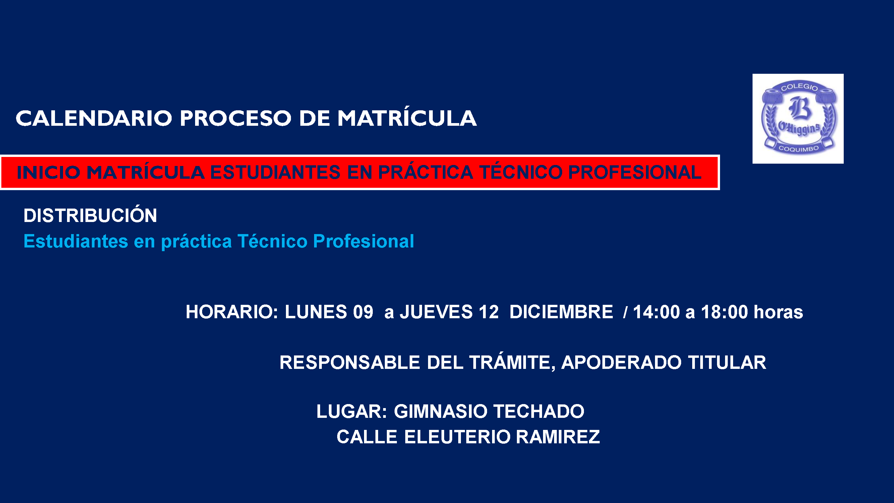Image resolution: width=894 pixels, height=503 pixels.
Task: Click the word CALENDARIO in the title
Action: pyautogui.click(x=94, y=118)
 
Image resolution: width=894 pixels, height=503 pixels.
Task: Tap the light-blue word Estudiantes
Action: pyautogui.click(x=76, y=241)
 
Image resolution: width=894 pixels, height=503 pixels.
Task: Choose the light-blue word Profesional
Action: pyautogui.click(x=363, y=241)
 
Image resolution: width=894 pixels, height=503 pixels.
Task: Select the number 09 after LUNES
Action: pyautogui.click(x=363, y=312)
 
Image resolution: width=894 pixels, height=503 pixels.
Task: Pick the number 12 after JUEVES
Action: pyautogui.click(x=489, y=312)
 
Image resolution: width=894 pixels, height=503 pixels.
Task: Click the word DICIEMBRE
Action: pyautogui.click(x=561, y=312)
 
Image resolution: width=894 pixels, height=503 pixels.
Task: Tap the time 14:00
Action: pyautogui.click(x=656, y=312)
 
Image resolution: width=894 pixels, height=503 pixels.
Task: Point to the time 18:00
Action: pyautogui.click(x=724, y=312)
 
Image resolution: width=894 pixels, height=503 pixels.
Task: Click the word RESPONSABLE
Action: pyautogui.click(x=350, y=362)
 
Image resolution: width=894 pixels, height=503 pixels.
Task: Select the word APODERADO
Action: pyautogui.click(x=621, y=362)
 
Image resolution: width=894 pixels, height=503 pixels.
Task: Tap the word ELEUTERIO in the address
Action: pyautogui.click(x=458, y=437)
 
